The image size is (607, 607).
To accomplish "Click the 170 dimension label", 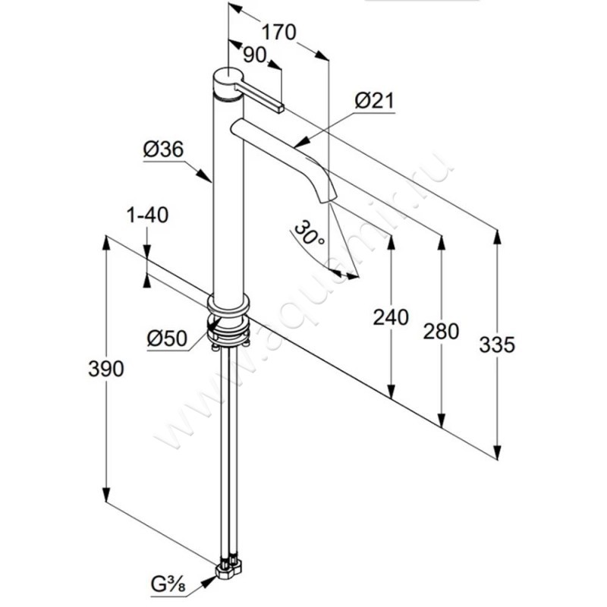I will click(278, 33).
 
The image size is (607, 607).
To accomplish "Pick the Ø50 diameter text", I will click(167, 339).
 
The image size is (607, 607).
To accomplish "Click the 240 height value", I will click(392, 316).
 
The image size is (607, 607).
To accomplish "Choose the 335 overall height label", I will click(498, 344).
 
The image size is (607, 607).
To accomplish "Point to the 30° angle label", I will click(311, 233).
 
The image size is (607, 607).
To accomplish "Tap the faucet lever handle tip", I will click(281, 108).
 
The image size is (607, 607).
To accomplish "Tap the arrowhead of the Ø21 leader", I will click(297, 143).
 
